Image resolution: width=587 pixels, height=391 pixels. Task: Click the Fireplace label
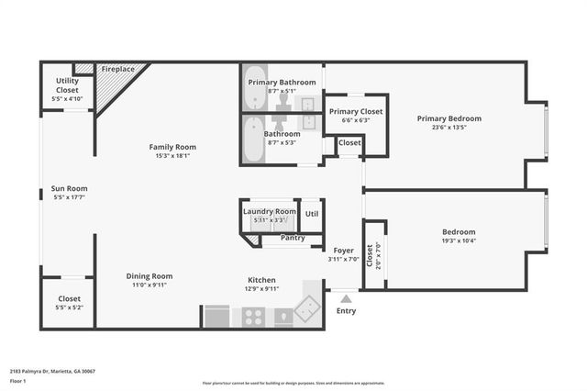point(118,69)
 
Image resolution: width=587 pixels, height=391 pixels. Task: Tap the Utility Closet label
point(68,85)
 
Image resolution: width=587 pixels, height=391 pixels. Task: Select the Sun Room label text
point(69,189)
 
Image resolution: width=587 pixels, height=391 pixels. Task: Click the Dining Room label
point(150,276)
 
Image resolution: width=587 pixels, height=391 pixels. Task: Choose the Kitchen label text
point(261,281)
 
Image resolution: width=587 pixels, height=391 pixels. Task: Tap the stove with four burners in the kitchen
point(254,318)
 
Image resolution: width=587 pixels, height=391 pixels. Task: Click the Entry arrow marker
point(346,297)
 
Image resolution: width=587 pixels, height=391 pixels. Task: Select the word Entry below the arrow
point(346,311)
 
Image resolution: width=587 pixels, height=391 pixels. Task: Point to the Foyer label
point(343,251)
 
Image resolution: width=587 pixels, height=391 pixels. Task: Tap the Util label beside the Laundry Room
point(312,214)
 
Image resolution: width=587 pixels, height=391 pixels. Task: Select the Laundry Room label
point(270,212)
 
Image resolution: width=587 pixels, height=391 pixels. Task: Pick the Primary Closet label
point(356,111)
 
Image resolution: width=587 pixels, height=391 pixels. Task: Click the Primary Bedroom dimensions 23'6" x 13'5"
point(449,128)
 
